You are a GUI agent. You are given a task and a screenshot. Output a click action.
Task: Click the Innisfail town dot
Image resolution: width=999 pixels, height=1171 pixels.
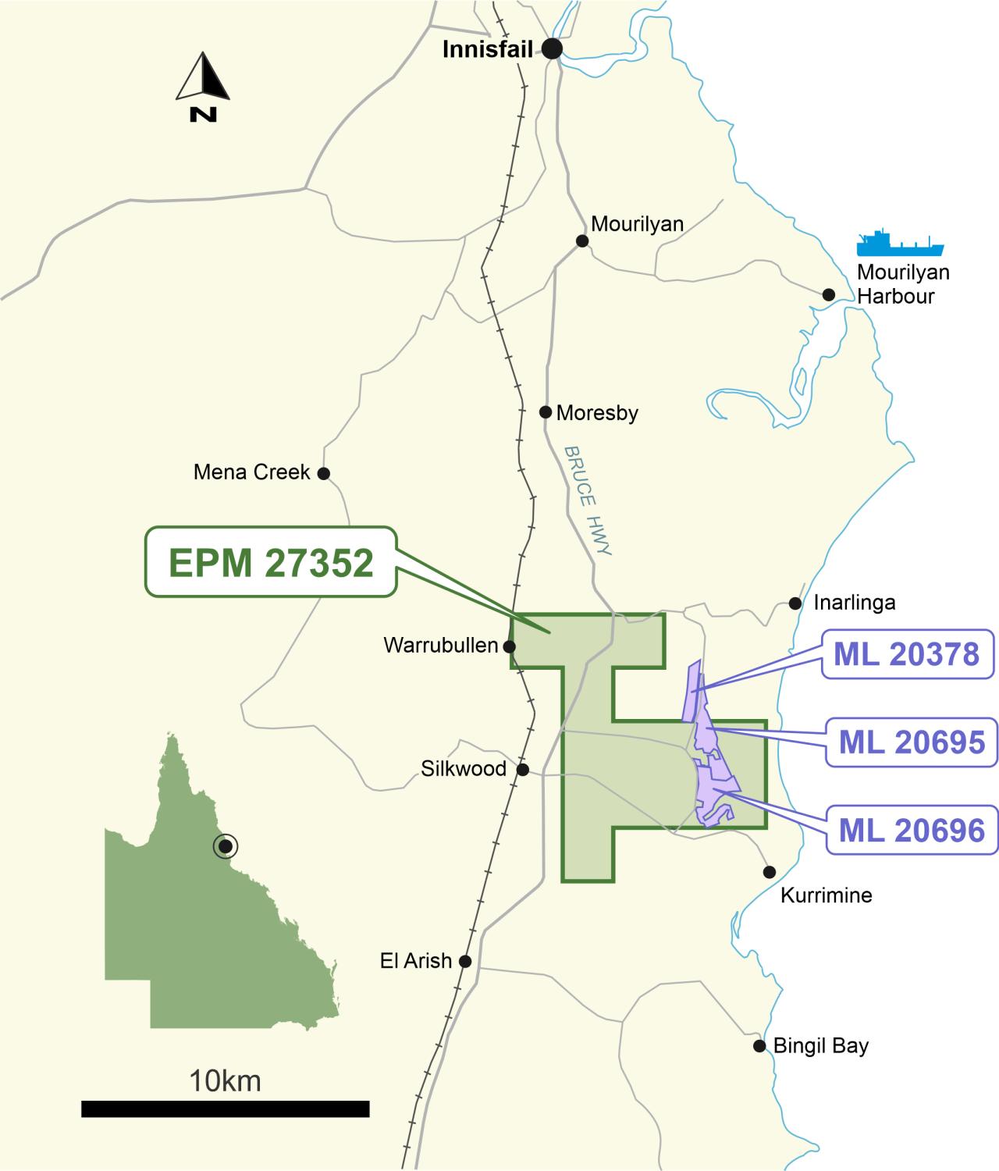(x=552, y=49)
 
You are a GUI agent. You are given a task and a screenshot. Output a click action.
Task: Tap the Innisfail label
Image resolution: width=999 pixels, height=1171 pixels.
(x=487, y=49)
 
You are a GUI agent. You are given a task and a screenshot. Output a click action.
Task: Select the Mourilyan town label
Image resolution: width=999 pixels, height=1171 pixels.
(x=637, y=224)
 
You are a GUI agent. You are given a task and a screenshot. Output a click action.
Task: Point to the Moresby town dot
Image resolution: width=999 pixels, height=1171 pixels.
(x=546, y=412)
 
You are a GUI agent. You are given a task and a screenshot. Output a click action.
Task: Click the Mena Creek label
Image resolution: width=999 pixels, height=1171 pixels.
(x=251, y=472)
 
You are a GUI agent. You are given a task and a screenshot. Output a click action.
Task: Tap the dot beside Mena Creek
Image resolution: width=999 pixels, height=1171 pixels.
(x=324, y=473)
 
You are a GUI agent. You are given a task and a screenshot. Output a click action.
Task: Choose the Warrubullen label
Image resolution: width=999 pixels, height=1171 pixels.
(x=440, y=646)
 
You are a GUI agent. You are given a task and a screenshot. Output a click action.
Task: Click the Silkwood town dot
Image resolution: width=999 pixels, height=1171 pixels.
(x=523, y=770)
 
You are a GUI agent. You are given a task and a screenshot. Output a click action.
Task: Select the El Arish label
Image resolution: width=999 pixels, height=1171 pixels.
(x=415, y=961)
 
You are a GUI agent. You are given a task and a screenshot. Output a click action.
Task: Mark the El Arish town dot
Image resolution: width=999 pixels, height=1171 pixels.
(x=465, y=961)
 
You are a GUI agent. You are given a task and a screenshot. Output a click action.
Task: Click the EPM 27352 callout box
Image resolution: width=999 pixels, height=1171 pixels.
(x=271, y=562)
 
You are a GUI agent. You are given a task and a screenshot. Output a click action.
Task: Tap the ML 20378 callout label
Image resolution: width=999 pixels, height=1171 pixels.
(x=907, y=654)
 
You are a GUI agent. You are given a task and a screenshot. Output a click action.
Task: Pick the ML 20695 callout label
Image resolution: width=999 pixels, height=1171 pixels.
(x=912, y=742)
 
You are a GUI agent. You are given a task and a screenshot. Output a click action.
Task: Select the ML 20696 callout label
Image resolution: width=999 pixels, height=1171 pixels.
(x=912, y=831)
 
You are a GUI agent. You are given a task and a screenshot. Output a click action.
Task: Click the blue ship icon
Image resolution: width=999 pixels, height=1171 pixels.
(x=899, y=244)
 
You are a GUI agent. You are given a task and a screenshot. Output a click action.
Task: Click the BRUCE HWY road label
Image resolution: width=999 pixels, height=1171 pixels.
(x=588, y=500)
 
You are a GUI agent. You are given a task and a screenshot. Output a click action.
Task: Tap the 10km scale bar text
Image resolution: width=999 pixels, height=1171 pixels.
(x=225, y=1081)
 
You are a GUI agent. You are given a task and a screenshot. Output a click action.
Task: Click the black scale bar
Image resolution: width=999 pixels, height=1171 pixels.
(x=225, y=1109)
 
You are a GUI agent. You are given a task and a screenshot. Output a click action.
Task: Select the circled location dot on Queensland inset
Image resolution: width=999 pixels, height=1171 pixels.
(x=226, y=846)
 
